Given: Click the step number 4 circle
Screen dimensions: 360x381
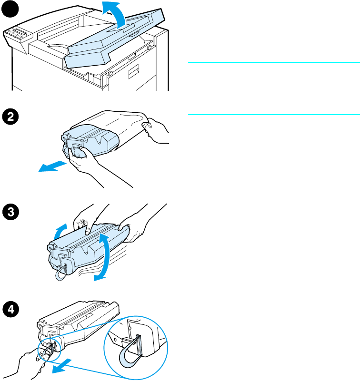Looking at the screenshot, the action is tap(8, 309).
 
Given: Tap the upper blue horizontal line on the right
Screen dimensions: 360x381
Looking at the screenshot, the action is tap(273, 62).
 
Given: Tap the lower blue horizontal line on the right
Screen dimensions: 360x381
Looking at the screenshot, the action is tap(273, 114).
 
